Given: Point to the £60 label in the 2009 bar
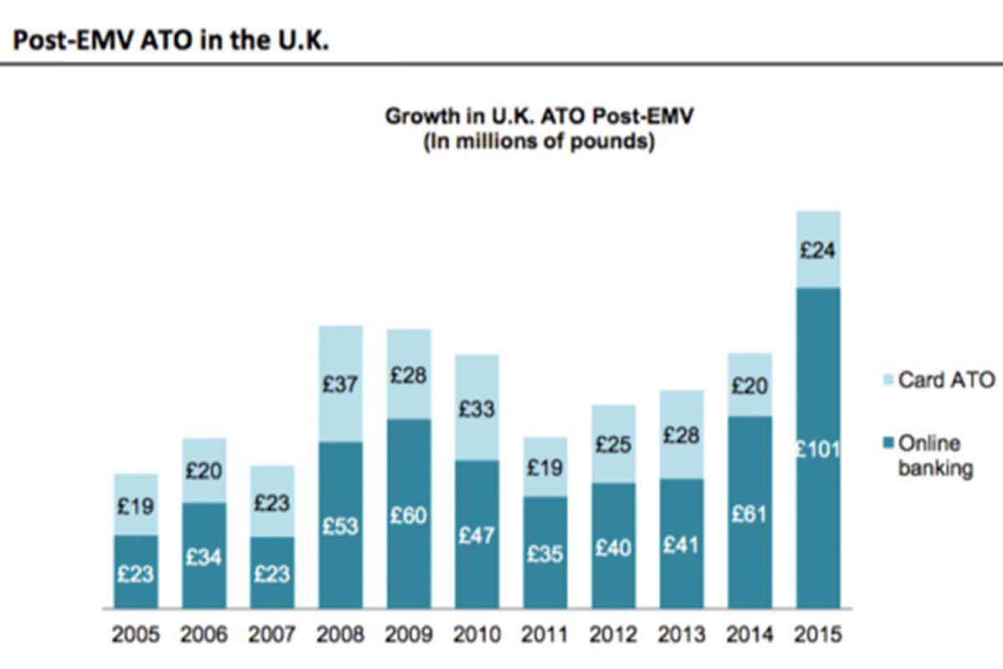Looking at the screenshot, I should click(409, 516).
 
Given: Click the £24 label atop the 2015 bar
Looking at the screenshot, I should click(819, 249).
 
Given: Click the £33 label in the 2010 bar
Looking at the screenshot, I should click(477, 409).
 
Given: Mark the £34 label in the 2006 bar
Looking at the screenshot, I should click(205, 556).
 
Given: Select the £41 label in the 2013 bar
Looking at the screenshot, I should click(681, 544).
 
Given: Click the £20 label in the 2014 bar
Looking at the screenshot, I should click(750, 386).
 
